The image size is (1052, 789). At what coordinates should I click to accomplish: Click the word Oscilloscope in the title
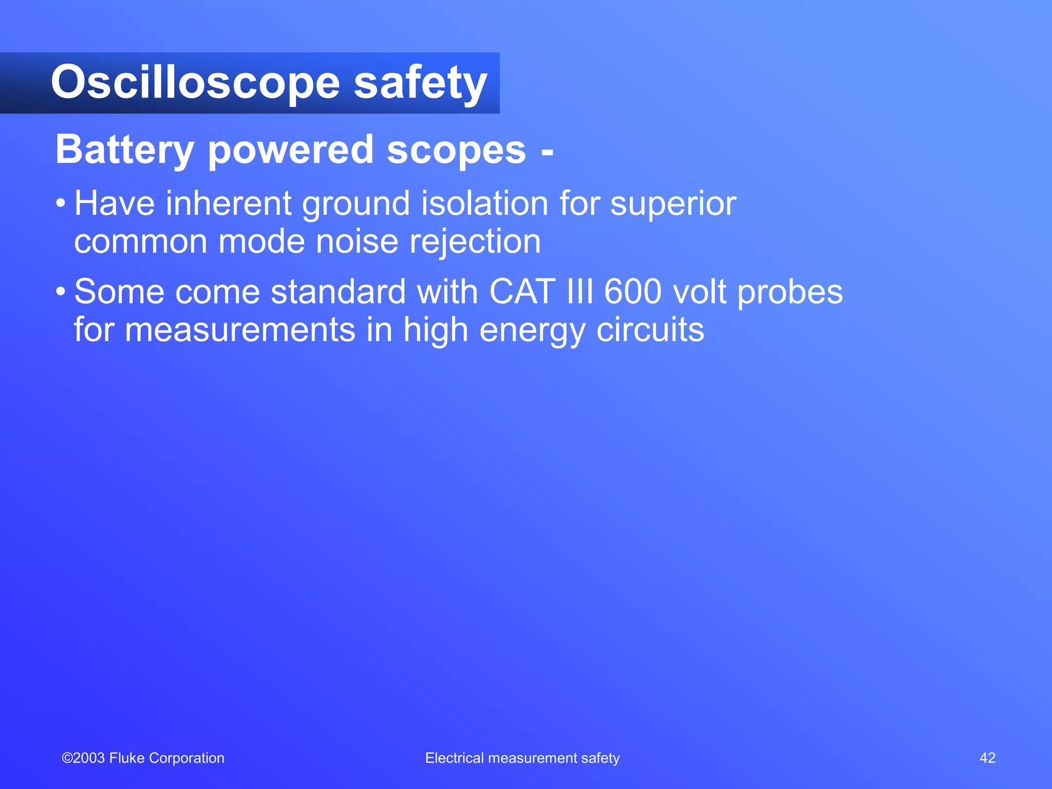click(x=195, y=83)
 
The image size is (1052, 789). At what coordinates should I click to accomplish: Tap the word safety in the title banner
click(x=420, y=83)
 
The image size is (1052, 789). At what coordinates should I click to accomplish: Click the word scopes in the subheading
click(x=456, y=150)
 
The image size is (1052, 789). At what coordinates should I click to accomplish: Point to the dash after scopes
click(x=547, y=152)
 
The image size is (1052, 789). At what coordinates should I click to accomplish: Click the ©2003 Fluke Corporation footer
click(x=143, y=758)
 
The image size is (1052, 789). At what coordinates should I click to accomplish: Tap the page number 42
click(x=987, y=758)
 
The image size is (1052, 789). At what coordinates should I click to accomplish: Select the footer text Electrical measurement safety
click(x=522, y=758)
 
